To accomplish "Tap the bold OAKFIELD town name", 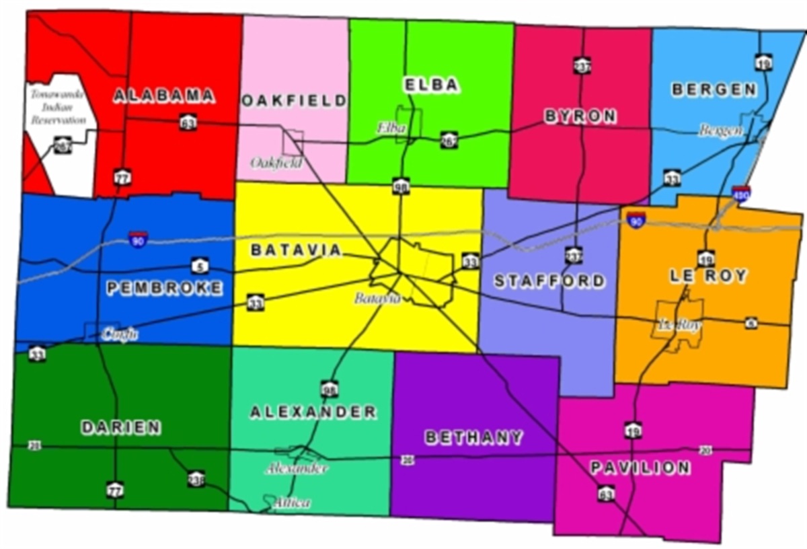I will pos(294,101).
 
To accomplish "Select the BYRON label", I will pos(580,116).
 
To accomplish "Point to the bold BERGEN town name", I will pos(714,89).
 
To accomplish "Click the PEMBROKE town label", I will pos(164,289).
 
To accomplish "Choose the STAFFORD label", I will pos(549,281).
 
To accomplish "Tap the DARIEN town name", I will pos(121,427).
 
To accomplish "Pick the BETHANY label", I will pos(473,437).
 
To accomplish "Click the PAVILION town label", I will pos(640,468).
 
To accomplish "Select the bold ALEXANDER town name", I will pos(313,412).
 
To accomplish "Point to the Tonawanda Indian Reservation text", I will pos(58,107).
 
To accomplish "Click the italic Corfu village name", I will pos(120,333).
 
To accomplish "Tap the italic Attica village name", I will pos(293,503).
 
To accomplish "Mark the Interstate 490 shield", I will pos(741,193).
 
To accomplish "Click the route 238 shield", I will pos(196,478).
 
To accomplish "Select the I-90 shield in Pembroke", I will pos(139,239).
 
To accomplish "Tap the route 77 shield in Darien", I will pos(115,489).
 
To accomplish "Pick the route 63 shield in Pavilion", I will pos(605,495).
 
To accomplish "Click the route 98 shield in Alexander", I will pos(329,389).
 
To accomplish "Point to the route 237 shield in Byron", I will pos(582,65).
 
